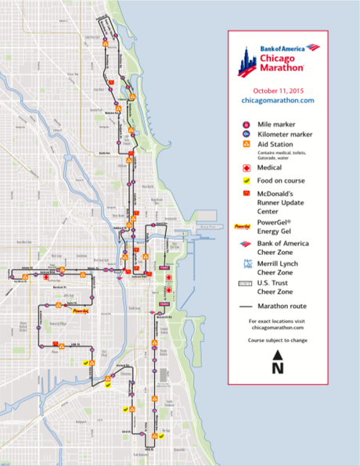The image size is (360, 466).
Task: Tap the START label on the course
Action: click(165, 267)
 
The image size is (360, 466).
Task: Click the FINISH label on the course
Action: click(165, 303)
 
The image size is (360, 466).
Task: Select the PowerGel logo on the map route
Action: click(80, 312)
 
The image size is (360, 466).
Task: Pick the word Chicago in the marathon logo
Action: click(279, 58)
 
